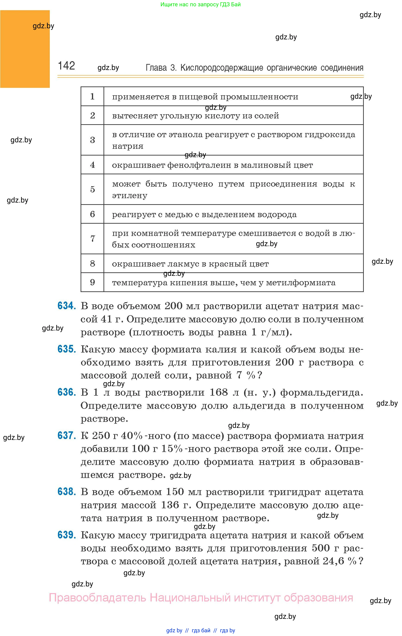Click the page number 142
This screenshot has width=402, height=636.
point(66,66)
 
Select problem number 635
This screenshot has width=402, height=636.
point(66,349)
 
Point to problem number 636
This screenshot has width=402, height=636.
point(66,392)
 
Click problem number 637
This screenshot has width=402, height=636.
point(66,436)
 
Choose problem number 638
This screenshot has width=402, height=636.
point(66,492)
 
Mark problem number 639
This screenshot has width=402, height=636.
point(66,535)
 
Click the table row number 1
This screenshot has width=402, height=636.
point(92,96)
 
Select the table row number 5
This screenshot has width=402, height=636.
point(92,189)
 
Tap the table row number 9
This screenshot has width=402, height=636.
point(92,282)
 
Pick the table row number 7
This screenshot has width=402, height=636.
point(92,238)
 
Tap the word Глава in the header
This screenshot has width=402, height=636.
point(156,68)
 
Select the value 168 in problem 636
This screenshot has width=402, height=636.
point(219,392)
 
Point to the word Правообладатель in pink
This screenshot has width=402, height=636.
point(97,598)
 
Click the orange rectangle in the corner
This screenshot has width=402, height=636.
point(25,49)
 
